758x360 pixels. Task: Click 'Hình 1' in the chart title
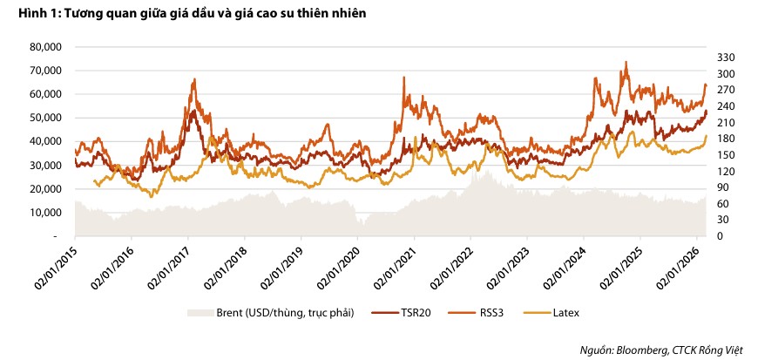click(x=25, y=13)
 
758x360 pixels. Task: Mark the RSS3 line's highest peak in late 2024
click(x=626, y=62)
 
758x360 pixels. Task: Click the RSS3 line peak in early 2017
click(x=193, y=79)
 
